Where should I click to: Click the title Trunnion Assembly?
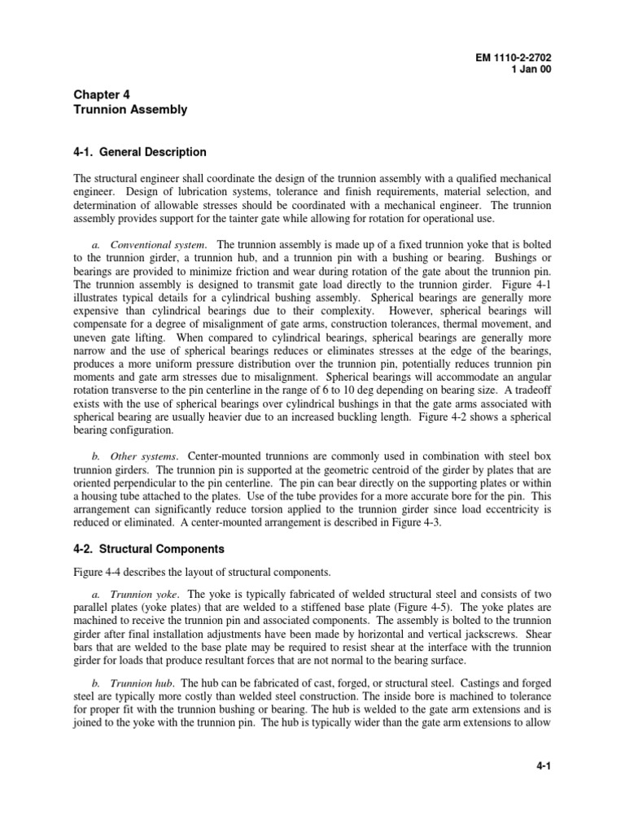pyautogui.click(x=130, y=109)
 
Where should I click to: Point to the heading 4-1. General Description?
pyautogui.click(x=140, y=152)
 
